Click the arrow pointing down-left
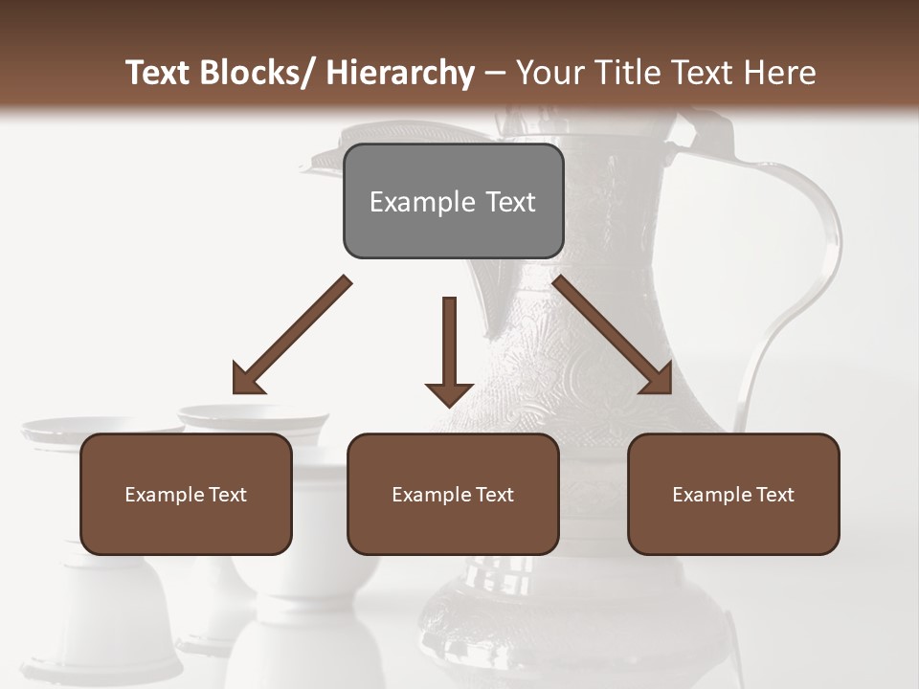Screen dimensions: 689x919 point(291,336)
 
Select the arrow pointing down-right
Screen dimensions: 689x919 point(613,335)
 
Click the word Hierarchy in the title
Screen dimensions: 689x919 point(400,73)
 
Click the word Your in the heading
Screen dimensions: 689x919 point(549,73)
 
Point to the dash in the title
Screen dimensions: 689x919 point(496,73)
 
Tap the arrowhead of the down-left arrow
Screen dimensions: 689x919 point(246,379)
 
